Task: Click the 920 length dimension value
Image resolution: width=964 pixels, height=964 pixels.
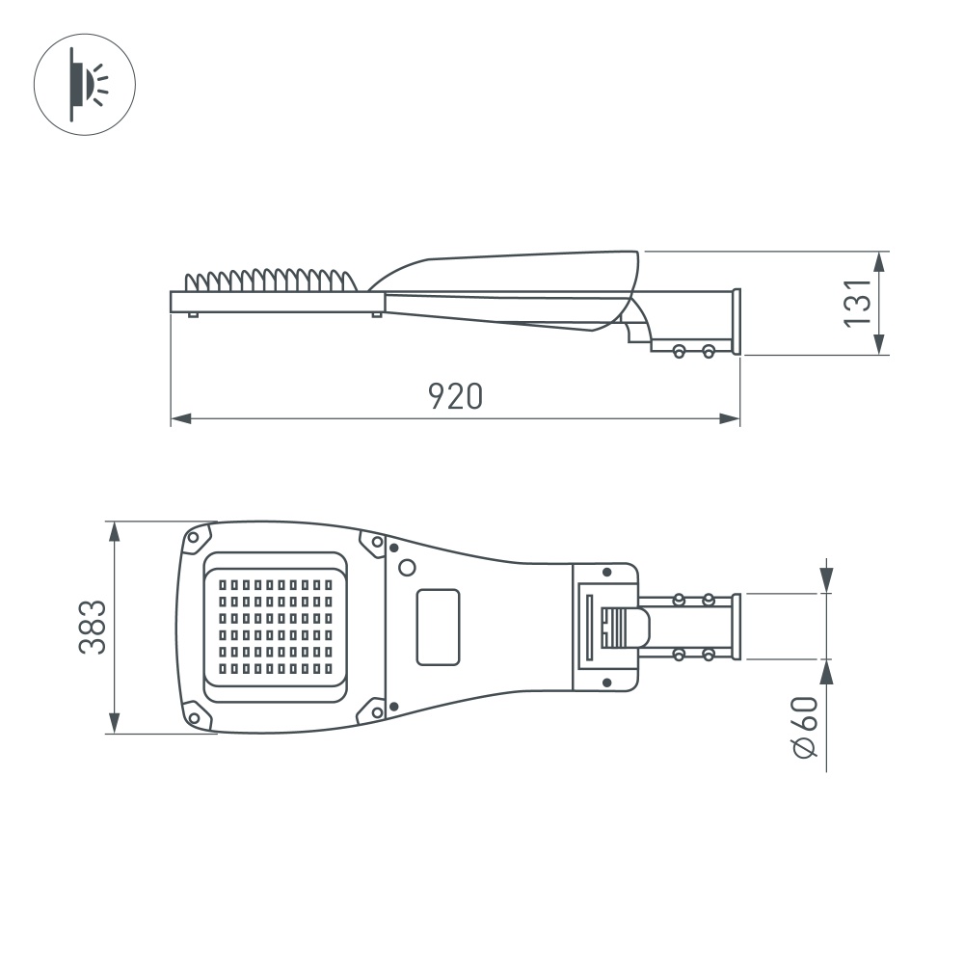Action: (455, 396)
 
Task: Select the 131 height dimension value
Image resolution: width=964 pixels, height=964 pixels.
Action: (857, 303)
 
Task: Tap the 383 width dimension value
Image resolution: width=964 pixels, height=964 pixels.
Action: (93, 627)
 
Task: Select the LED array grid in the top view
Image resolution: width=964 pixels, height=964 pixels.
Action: (275, 625)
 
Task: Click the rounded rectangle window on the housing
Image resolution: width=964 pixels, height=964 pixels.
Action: (438, 627)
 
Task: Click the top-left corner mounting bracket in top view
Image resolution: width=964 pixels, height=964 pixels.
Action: (197, 538)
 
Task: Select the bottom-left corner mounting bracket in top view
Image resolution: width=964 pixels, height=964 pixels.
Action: (197, 716)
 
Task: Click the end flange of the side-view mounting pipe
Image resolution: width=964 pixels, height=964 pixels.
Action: (736, 322)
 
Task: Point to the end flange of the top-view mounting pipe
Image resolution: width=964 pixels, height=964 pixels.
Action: (736, 627)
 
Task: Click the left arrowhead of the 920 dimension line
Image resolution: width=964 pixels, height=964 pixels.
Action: (177, 419)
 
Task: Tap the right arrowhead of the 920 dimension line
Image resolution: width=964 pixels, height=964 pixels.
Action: (733, 419)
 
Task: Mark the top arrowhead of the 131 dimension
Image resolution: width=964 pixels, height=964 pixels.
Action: (879, 260)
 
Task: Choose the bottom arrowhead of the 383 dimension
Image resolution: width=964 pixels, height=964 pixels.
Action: (115, 725)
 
